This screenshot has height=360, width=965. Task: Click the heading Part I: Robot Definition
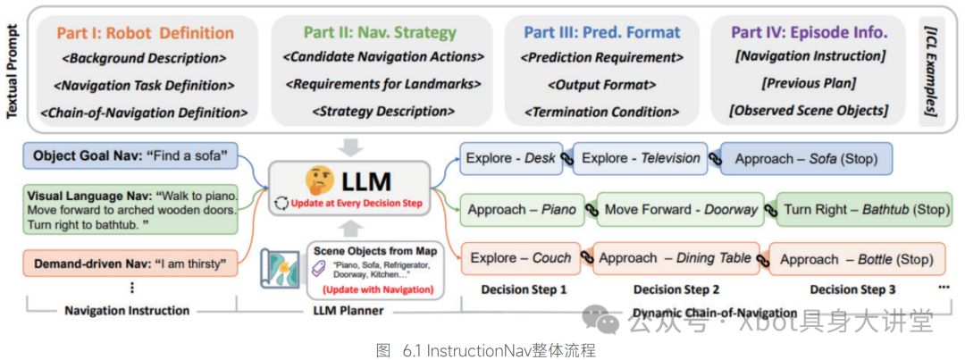pos(146,33)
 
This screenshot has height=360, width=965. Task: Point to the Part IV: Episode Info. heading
pos(809,33)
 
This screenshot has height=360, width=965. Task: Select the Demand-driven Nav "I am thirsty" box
pos(130,264)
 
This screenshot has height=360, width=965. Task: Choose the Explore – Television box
pos(640,158)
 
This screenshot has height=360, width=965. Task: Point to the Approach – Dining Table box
pos(675,258)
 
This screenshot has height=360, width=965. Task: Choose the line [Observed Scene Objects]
pos(808,111)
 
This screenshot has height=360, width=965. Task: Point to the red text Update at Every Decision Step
pos(358,204)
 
